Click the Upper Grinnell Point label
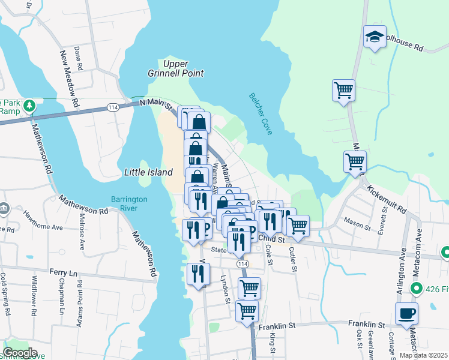point(184,68)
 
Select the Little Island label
point(148,172)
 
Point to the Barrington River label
point(124,203)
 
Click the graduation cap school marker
point(375,37)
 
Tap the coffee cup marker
point(407,313)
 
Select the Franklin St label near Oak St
point(365,323)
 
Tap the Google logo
point(20,353)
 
